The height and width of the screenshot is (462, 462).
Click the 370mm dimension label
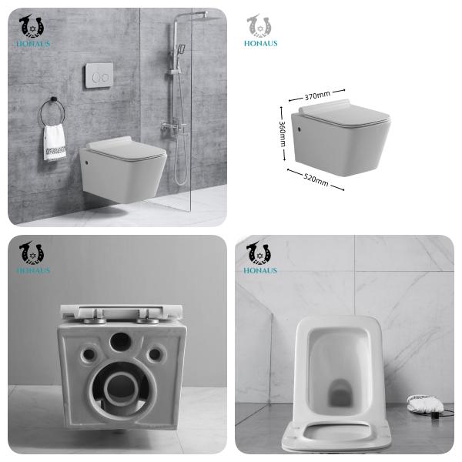coord(316,95)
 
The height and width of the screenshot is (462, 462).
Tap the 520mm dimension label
coord(315,180)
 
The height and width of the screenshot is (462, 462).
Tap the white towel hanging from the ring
coord(54,143)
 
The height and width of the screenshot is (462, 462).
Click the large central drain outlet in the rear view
coord(120,387)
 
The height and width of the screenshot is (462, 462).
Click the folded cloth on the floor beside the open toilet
coord(420,402)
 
